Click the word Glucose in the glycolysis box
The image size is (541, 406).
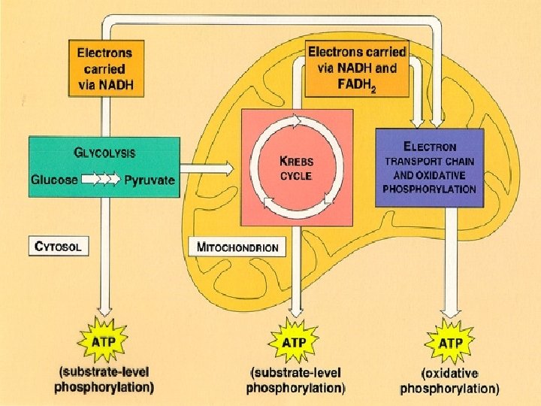(53, 180)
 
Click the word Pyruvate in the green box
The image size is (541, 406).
(149, 180)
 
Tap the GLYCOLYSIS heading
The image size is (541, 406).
(104, 153)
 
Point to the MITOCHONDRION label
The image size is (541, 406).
(237, 247)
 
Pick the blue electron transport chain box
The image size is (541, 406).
(429, 168)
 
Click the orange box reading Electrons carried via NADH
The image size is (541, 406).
(105, 69)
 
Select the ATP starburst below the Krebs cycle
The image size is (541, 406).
(294, 343)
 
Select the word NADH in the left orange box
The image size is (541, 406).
(116, 85)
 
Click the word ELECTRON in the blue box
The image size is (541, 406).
(430, 147)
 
